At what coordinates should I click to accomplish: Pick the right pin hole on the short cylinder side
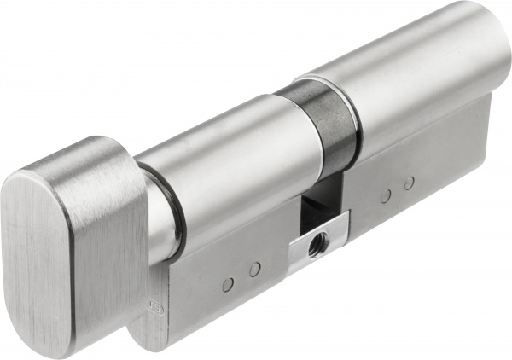(x=254, y=270)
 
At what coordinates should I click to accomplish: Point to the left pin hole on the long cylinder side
(x=386, y=195)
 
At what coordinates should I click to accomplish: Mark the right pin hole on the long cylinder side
(x=410, y=183)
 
